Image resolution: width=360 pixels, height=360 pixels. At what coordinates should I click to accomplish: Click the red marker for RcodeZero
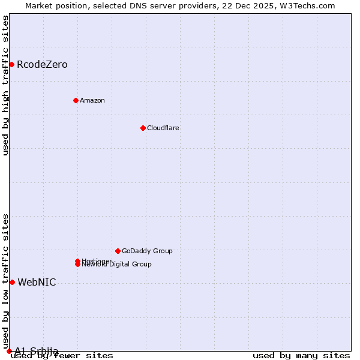pos(11,64)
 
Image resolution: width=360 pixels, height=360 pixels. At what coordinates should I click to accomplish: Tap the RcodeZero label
pos(42,65)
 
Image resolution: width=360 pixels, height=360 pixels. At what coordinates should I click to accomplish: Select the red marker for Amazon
pos(76,100)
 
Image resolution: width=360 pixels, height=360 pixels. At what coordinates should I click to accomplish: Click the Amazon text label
pos(92,100)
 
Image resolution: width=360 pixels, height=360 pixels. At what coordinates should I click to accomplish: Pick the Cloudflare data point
pos(143,128)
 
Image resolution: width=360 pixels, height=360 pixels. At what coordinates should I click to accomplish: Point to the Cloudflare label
pos(163,128)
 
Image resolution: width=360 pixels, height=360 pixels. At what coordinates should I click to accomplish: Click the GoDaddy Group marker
pos(118,251)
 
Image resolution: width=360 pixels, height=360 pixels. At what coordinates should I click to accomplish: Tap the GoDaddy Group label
pos(147,251)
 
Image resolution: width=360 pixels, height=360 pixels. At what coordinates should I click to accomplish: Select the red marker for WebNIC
pos(12,282)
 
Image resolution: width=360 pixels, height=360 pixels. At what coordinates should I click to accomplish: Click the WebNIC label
pos(37,283)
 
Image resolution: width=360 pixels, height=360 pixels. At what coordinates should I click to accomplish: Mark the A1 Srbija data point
pos(9,351)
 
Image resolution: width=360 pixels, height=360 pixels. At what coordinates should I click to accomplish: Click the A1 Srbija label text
pos(37,351)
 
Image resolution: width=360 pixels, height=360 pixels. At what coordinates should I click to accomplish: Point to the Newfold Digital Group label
pos(117,265)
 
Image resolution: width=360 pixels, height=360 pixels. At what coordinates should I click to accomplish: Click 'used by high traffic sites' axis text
pos(6,85)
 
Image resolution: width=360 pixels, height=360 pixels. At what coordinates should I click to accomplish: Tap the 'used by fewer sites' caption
pos(62,356)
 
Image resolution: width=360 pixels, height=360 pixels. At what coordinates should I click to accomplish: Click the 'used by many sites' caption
pos(301,356)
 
